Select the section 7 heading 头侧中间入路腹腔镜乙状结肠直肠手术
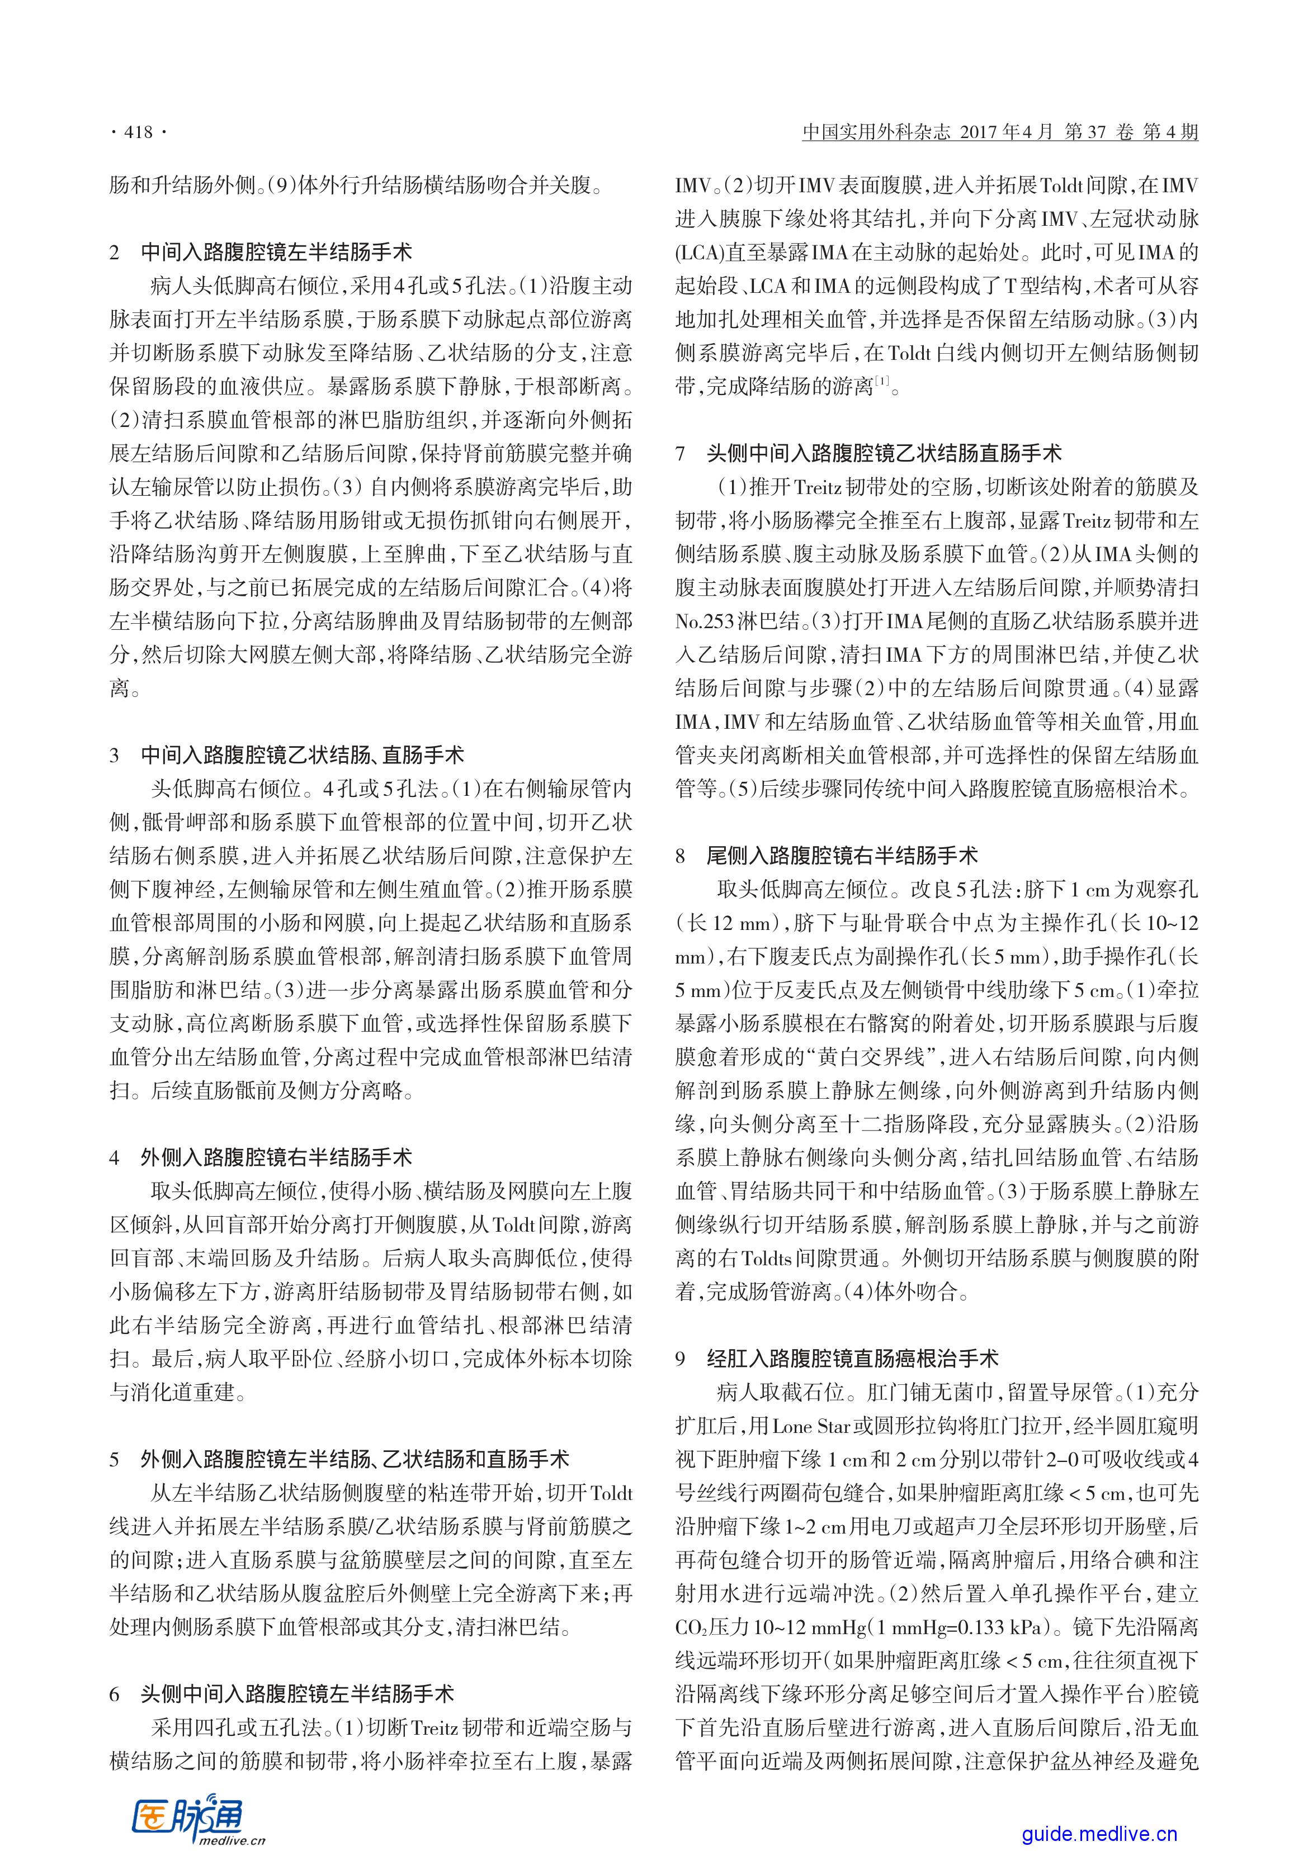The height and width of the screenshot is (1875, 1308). coord(884,453)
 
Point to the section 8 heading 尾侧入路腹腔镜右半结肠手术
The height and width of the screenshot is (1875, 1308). coord(842,855)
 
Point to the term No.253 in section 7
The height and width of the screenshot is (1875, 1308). coord(706,621)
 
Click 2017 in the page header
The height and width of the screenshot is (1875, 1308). coord(980,132)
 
